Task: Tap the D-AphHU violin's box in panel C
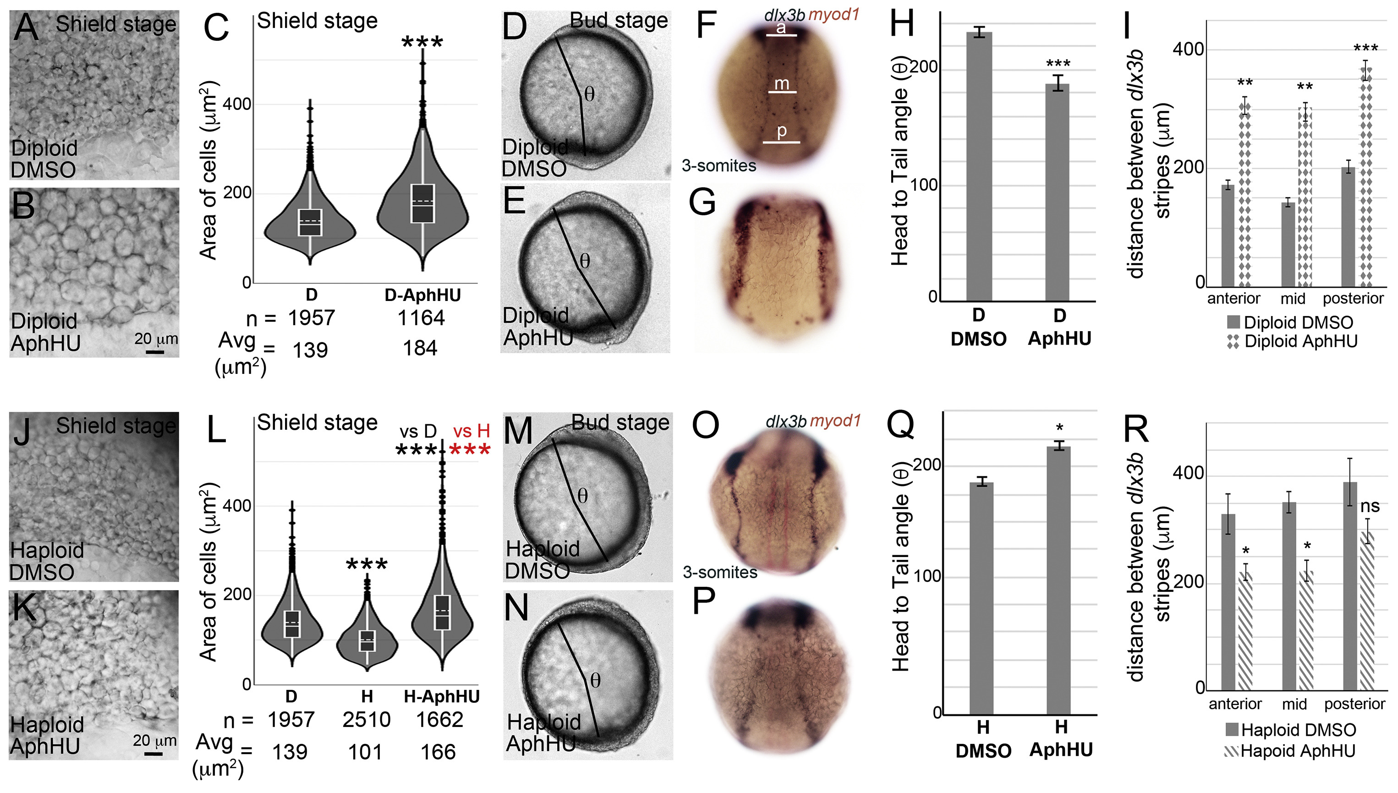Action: pos(422,203)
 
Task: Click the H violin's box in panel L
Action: pos(367,640)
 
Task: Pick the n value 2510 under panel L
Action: pos(367,720)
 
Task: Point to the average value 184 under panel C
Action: pos(420,348)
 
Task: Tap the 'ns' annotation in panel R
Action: pos(1370,507)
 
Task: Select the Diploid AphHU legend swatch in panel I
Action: pos(1233,341)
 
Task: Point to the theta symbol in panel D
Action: pos(589,95)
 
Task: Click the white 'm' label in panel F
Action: pos(782,84)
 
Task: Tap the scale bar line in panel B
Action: pos(155,352)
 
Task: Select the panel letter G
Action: pos(702,202)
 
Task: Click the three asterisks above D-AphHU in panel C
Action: pos(422,42)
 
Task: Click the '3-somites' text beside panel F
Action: pos(719,165)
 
